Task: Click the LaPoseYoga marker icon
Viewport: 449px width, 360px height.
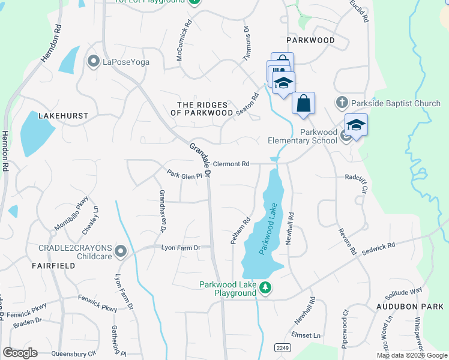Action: click(x=93, y=61)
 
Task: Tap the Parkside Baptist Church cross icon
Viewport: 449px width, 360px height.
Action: click(x=342, y=103)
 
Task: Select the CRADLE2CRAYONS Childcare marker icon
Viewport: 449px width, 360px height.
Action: click(x=121, y=251)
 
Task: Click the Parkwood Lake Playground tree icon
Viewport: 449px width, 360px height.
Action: click(x=265, y=289)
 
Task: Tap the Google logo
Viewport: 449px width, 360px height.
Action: click(x=20, y=352)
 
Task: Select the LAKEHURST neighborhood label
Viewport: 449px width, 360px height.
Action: click(x=62, y=115)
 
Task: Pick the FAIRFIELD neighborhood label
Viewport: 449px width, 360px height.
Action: click(x=53, y=265)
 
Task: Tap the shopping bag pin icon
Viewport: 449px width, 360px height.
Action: click(x=304, y=103)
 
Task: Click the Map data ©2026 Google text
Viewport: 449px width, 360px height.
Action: click(x=412, y=355)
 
